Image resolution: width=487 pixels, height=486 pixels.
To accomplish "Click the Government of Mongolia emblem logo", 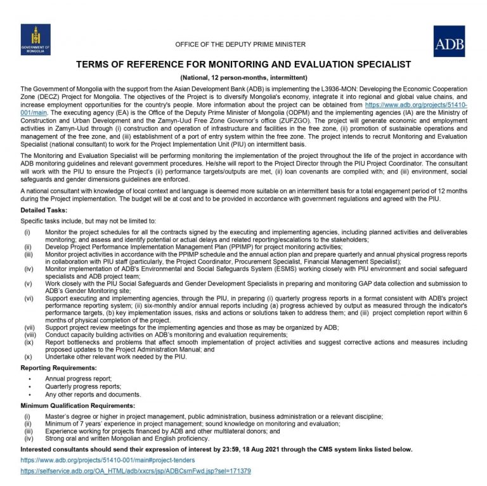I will click(x=36, y=39).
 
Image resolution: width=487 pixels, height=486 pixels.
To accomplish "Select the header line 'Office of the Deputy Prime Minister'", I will click(x=240, y=44).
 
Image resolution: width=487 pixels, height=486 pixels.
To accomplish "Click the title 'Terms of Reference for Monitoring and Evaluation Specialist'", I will click(x=243, y=64).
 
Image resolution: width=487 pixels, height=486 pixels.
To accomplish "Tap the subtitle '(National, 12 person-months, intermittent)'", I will click(x=243, y=76).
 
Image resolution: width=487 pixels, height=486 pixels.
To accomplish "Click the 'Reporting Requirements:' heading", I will click(x=59, y=367).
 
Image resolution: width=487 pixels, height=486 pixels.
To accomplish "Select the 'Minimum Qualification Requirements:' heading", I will click(x=77, y=405).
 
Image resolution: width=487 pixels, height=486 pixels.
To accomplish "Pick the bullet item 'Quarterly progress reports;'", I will click(x=83, y=386).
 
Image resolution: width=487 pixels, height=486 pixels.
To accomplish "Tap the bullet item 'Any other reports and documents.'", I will click(x=93, y=394).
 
